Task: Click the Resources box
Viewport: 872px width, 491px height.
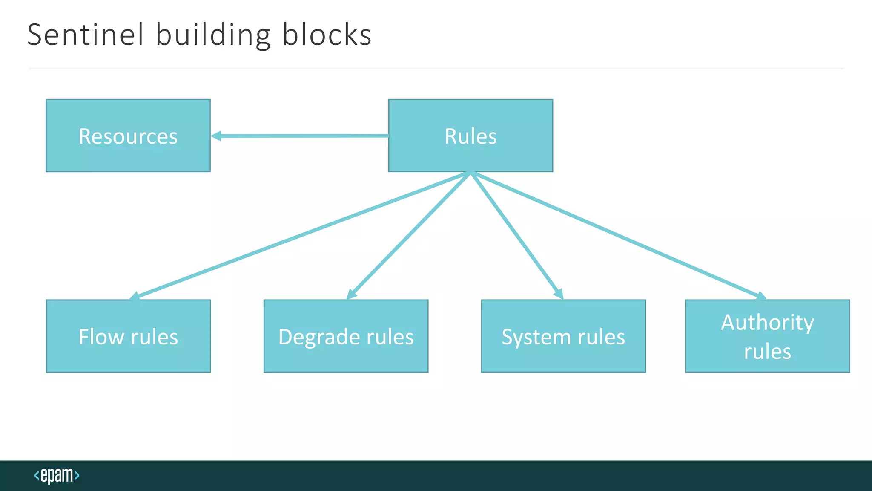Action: (x=128, y=136)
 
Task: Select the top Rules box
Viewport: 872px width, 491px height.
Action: (x=470, y=136)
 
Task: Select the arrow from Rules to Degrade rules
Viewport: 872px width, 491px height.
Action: (x=409, y=236)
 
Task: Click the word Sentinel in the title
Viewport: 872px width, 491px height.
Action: (x=86, y=35)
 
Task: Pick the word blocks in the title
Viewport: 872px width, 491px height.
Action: (x=327, y=35)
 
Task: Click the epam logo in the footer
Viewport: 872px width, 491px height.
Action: (x=57, y=475)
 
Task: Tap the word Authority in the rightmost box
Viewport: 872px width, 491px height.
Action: (x=767, y=323)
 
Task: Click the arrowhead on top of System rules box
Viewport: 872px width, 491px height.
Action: (x=559, y=294)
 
